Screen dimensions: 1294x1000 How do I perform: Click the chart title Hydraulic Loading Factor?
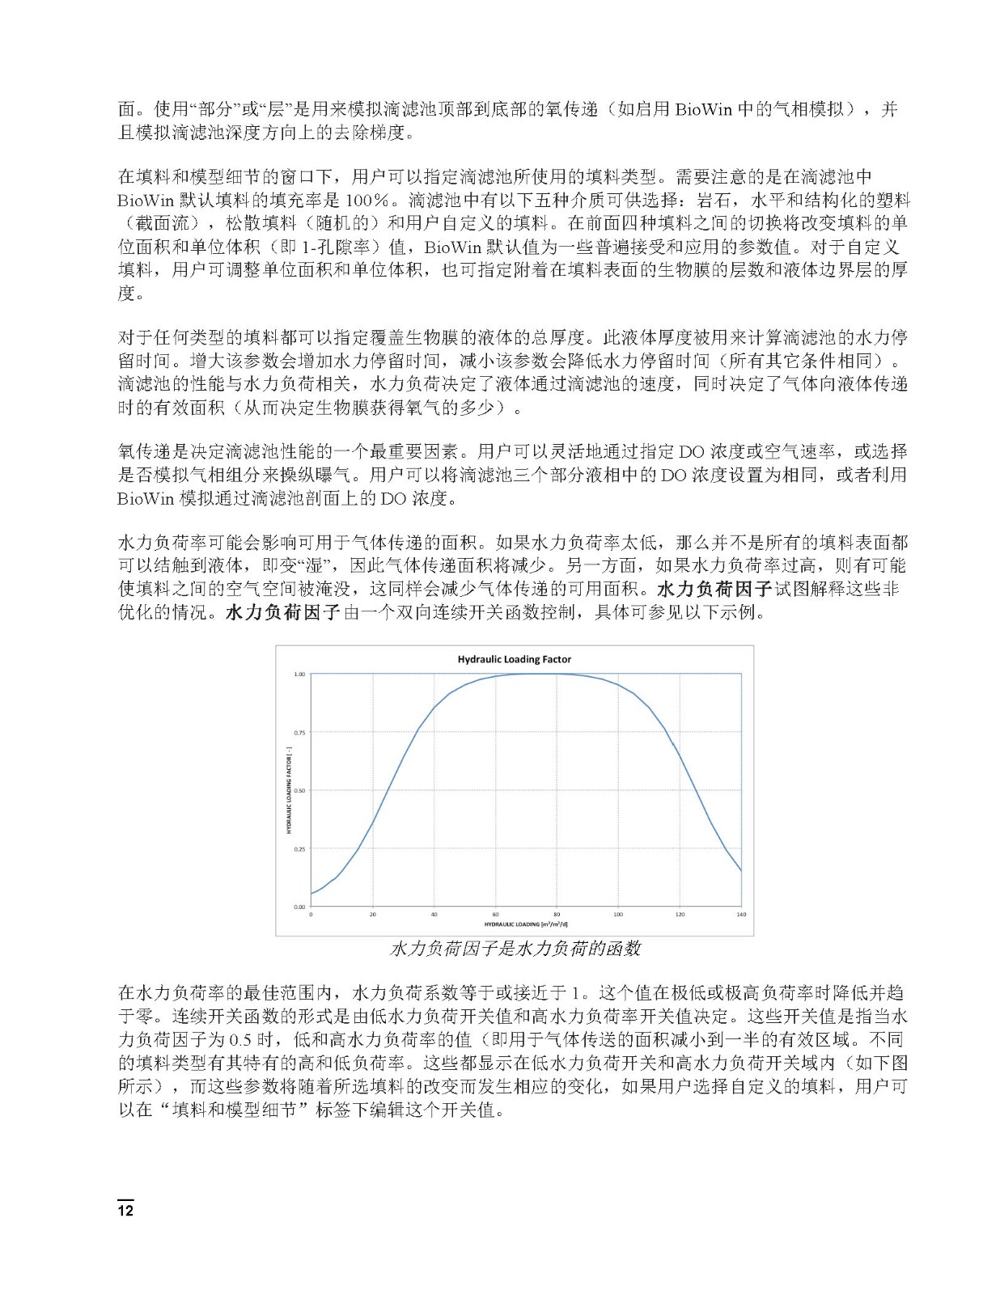pos(514,659)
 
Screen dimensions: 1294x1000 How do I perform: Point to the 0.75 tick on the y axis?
pos(299,733)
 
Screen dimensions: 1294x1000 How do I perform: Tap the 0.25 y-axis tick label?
pos(299,849)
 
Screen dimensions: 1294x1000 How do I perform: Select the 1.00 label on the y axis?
pos(299,674)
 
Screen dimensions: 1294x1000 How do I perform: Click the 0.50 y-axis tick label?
pos(299,791)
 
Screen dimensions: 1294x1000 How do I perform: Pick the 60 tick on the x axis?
pos(496,915)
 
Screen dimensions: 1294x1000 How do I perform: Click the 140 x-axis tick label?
pos(741,915)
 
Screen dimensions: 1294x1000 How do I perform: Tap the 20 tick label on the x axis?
pos(373,915)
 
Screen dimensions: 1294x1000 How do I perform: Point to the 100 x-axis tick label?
pos(618,915)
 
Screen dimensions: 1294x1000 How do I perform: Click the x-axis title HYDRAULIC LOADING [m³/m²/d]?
pos(526,924)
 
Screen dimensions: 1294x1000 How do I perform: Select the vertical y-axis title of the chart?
pos(289,791)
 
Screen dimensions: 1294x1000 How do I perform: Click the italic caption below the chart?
pos(515,949)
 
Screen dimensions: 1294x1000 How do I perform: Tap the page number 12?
pos(125,1211)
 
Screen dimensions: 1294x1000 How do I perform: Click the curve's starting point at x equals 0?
pos(311,894)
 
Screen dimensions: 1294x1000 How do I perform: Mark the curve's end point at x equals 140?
pos(741,871)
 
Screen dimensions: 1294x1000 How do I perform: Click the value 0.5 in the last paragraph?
pos(241,1039)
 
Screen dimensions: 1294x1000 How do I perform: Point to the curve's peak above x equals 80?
pos(557,674)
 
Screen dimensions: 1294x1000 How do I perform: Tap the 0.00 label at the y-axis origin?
pos(299,907)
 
